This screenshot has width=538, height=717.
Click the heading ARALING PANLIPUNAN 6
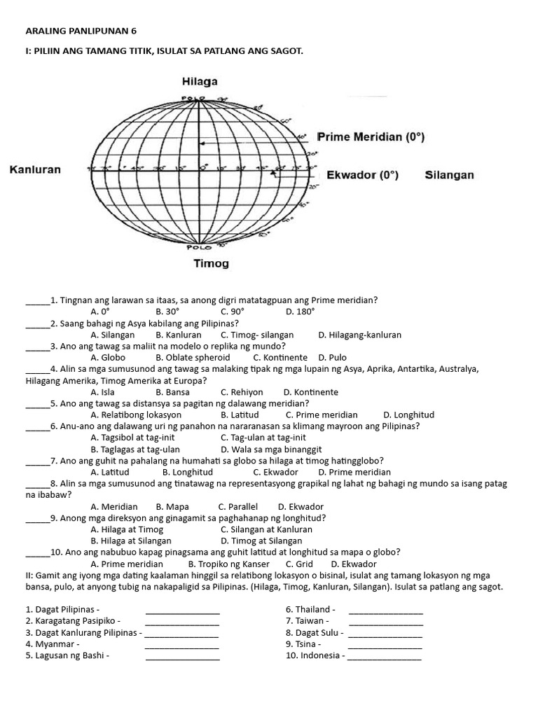81,31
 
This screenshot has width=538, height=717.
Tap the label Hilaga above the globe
200,82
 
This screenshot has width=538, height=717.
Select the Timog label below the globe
210,264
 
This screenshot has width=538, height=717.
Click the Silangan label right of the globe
449,175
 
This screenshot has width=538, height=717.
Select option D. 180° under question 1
301,311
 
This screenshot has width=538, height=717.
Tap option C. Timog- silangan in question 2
257,335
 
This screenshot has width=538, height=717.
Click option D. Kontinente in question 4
310,392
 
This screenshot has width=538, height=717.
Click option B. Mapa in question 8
170,506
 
